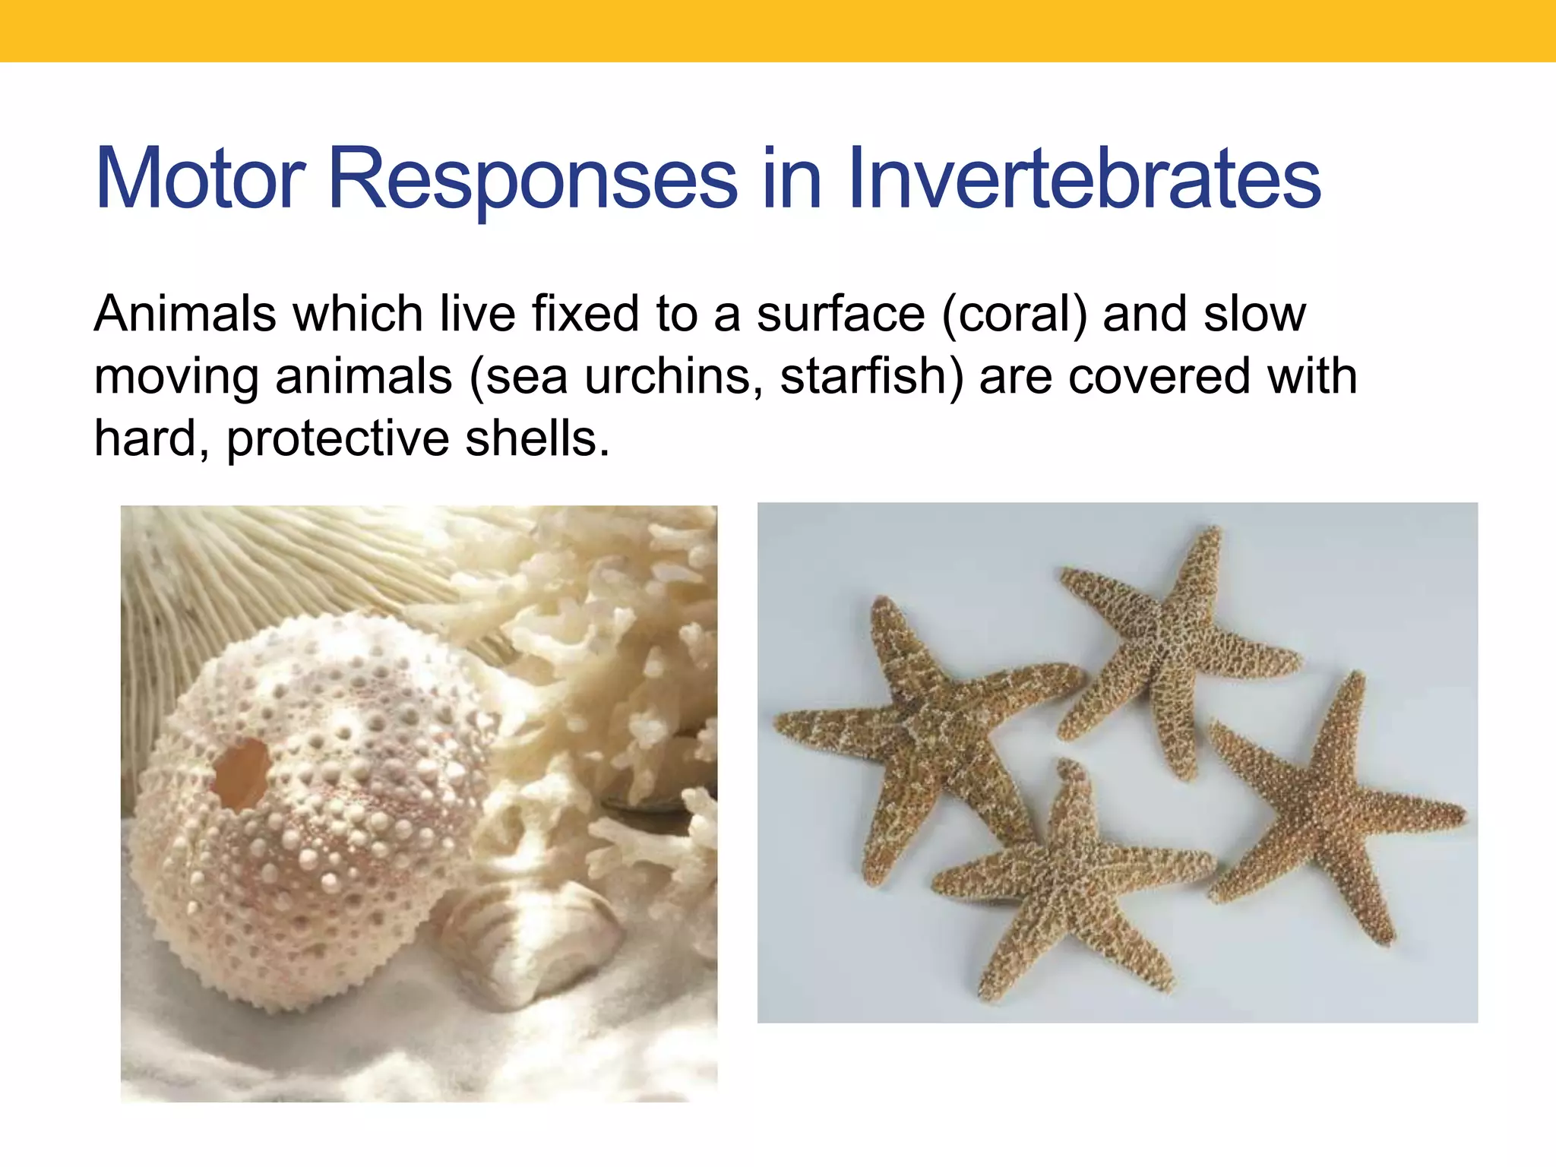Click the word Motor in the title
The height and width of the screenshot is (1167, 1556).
[200, 179]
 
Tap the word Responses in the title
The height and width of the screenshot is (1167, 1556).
[532, 179]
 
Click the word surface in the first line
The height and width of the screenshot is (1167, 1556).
[840, 314]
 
